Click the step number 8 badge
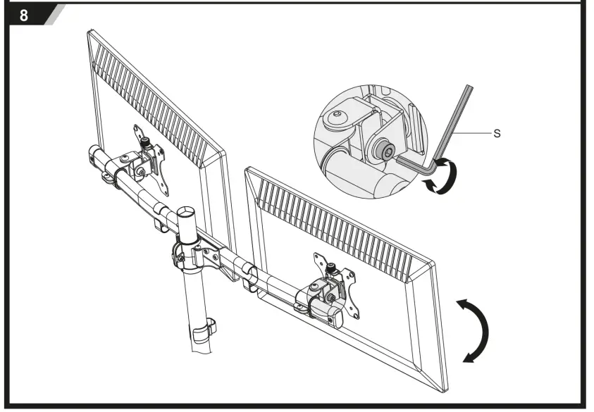coord(24,15)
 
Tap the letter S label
coord(497,132)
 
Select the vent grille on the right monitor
coord(338,218)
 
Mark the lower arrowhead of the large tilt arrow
coord(466,358)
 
